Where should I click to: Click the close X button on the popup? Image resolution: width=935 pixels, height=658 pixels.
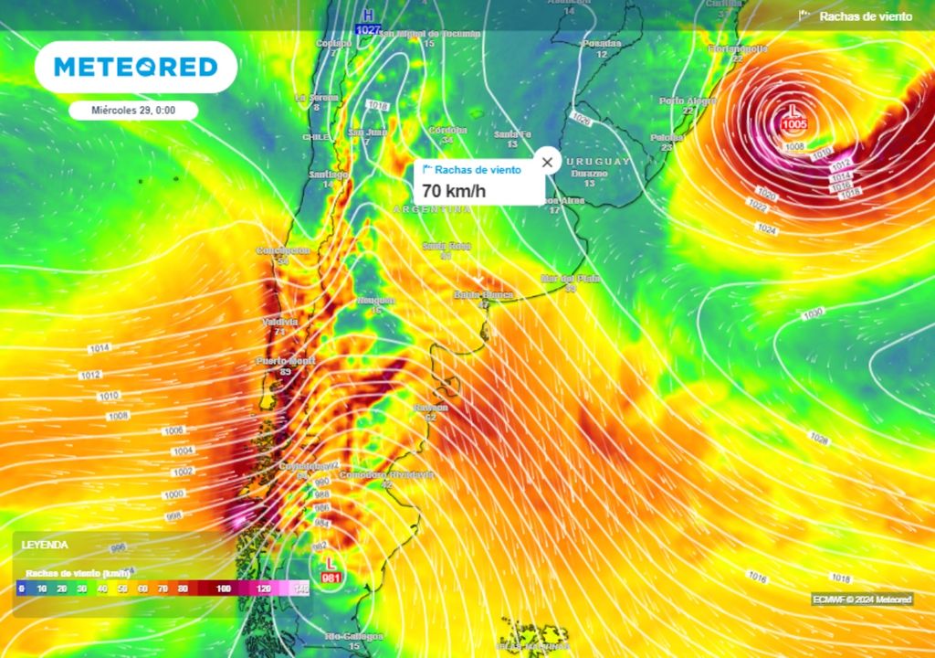[x=547, y=163]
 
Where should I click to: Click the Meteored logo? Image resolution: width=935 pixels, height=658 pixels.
[x=136, y=67]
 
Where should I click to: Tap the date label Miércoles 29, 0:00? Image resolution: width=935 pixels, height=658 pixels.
[x=133, y=111]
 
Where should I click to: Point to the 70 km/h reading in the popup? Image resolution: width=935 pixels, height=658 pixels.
[x=455, y=191]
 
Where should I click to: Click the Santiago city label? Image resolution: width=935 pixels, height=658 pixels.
[x=328, y=175]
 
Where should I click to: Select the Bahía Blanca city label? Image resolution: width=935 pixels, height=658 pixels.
[x=483, y=295]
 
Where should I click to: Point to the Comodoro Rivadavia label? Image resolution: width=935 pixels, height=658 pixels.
[x=386, y=475]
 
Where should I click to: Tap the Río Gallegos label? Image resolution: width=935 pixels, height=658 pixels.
[x=354, y=636]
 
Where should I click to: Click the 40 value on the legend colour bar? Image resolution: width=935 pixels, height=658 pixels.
[x=102, y=589]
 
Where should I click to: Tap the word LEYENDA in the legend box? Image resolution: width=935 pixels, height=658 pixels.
[x=45, y=545]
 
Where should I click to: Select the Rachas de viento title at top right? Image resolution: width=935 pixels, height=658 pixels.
[x=865, y=16]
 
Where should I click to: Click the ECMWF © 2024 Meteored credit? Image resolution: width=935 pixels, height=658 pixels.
[x=862, y=600]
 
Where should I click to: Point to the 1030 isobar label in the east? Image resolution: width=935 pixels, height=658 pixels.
[x=812, y=314]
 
